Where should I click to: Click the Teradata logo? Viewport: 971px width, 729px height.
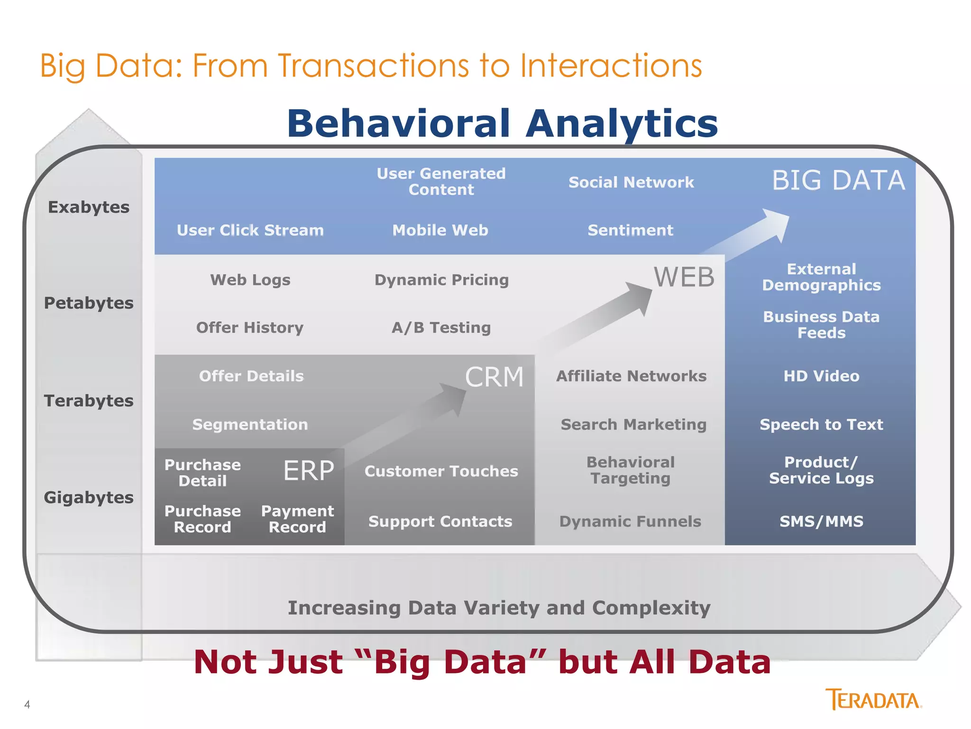coord(873,700)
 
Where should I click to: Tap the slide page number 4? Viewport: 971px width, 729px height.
coord(27,704)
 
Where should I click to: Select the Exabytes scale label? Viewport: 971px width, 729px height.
coord(89,207)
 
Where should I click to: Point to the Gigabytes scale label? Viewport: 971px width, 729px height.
coord(89,497)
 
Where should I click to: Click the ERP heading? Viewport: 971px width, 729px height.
coord(309,471)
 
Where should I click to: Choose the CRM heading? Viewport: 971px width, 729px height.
coord(494,377)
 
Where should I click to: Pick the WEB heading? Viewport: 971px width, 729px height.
coord(684,277)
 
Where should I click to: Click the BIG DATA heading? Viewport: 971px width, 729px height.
coord(838,180)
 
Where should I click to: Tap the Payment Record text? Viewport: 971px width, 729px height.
coord(297,519)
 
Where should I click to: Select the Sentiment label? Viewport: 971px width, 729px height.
coord(630,230)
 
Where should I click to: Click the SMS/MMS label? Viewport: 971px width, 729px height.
coord(821,521)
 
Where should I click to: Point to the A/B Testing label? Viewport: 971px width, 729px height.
coord(441,327)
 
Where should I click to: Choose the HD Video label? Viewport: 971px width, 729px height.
coord(821,376)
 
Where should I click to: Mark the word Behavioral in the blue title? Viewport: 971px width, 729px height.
coord(398,123)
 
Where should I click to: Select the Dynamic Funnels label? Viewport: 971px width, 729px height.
coord(630,521)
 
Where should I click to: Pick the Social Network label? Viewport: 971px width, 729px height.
coord(631,182)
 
